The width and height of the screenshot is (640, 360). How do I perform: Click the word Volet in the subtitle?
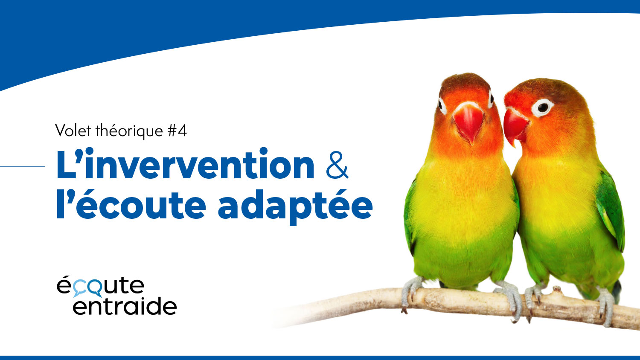click(73, 131)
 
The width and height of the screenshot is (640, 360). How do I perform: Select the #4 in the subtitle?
click(177, 131)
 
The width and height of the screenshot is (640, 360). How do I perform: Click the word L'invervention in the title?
click(185, 163)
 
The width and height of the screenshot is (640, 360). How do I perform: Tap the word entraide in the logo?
click(125, 306)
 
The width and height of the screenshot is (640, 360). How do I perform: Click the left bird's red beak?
click(468, 122)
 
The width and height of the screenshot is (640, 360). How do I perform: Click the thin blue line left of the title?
click(23, 166)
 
